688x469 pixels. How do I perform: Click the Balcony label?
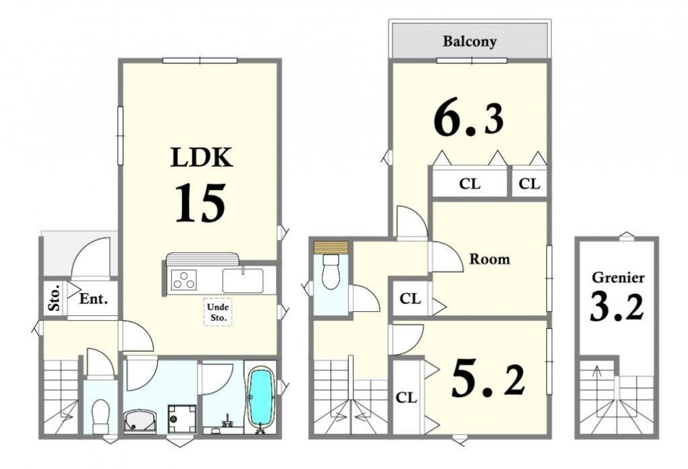tap(469, 42)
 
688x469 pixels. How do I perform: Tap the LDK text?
tap(202, 158)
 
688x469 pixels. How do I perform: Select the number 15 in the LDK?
tap(200, 203)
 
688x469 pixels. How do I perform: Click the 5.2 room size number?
tap(488, 378)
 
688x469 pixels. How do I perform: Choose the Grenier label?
tap(619, 278)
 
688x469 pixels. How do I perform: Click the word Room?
tap(490, 259)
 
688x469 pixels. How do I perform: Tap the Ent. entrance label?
tap(94, 299)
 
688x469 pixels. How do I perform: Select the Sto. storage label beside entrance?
tap(55, 299)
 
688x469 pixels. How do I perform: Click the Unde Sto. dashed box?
tap(218, 312)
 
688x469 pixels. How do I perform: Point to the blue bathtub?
tap(260, 397)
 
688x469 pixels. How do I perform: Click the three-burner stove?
tap(184, 279)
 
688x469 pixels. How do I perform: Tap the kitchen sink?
tap(243, 280)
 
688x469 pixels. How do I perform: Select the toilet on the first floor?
tap(101, 415)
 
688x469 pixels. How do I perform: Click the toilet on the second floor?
tap(331, 272)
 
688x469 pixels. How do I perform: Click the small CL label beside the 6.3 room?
tap(529, 184)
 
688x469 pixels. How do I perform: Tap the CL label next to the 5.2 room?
tap(406, 398)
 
